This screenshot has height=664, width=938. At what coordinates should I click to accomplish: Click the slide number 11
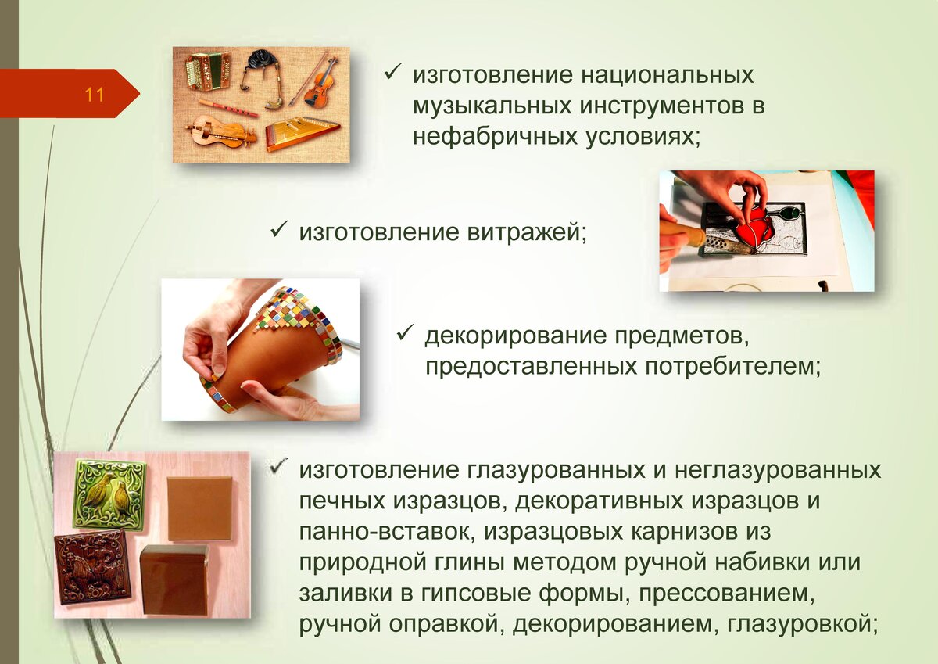pos(95,95)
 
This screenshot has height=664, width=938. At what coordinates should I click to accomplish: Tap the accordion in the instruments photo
pos(207,71)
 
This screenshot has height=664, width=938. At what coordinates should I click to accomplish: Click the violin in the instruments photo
pos(319,84)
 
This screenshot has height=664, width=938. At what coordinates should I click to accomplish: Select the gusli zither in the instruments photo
pos(302,134)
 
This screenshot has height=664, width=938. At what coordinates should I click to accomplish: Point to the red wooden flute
pos(228,109)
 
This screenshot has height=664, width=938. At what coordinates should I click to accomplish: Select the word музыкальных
pos(492,106)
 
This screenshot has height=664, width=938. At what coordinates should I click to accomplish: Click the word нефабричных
pos(493,137)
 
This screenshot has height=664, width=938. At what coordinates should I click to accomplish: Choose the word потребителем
pos(732,367)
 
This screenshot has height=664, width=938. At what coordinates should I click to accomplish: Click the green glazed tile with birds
pos(109,493)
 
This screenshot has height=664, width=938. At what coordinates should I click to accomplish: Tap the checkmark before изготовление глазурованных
pos(278,466)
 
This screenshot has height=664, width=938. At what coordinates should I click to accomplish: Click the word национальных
pos(667,75)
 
